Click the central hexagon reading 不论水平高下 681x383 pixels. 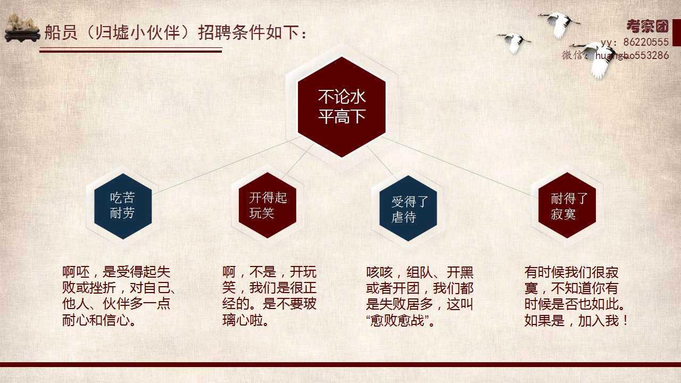pos(342,107)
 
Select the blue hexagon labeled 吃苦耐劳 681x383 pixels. pos(123,206)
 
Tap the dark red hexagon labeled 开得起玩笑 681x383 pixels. pos(268,205)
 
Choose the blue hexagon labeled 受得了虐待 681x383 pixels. pos(408,208)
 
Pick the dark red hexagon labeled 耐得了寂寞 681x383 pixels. pos(567,205)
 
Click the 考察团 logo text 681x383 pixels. pos(647,27)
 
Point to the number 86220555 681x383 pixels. pos(646,42)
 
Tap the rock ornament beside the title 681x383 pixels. pos(22,28)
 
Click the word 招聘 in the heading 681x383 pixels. pos(214,32)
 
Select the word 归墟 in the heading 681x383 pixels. pos(112,32)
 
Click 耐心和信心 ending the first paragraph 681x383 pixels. pos(96,321)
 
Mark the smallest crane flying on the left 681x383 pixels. pos(514,43)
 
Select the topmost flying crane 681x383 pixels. pos(559,25)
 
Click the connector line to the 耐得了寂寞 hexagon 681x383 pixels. pos(460,166)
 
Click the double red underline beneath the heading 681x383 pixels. pos(130,50)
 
